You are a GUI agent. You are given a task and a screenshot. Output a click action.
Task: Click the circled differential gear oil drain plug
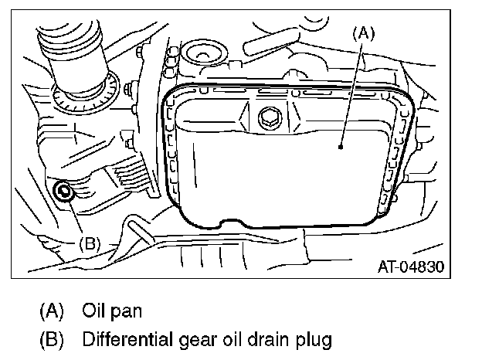point(64,189)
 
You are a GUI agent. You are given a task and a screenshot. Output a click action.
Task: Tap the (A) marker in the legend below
point(52,312)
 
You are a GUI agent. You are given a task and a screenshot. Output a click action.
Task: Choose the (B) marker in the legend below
point(52,338)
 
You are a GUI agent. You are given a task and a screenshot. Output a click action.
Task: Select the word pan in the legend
point(124,313)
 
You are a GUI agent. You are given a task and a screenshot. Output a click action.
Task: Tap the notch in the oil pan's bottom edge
point(224,223)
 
